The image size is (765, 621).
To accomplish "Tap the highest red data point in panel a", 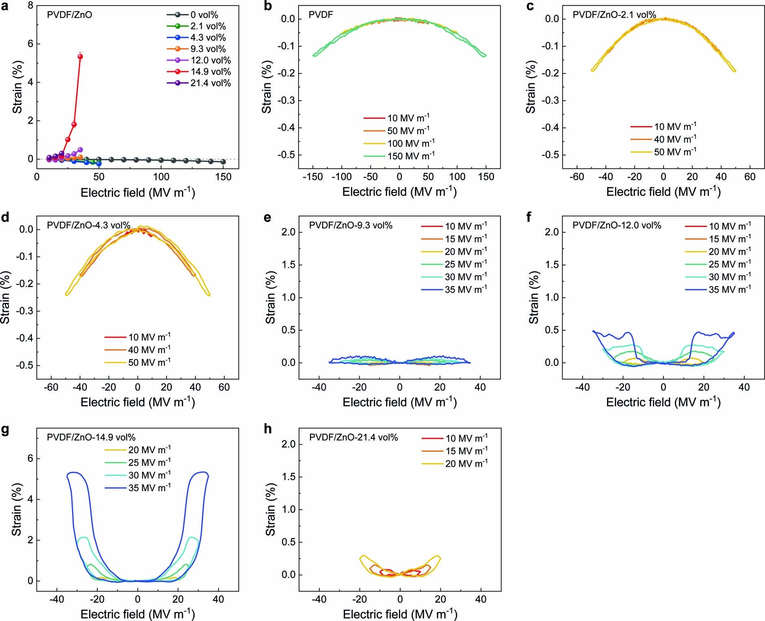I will [x=80, y=57].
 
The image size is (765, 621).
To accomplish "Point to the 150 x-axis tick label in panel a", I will [x=223, y=177].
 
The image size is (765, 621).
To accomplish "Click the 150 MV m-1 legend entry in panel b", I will [x=410, y=156].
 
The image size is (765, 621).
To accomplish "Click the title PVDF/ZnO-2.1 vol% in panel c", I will [x=614, y=15].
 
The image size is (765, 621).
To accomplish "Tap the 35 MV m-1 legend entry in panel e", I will [x=465, y=290].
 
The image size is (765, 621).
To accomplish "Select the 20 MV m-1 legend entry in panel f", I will [x=730, y=252].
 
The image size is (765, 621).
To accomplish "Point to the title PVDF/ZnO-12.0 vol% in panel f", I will [x=617, y=225].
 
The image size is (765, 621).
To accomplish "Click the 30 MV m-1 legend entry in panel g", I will [x=149, y=475].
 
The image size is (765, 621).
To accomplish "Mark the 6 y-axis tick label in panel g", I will [x=30, y=459].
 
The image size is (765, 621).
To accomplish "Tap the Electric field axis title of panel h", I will [x=400, y=614].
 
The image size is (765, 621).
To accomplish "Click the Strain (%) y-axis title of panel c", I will [x=531, y=87].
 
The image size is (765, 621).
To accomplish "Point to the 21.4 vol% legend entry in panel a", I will [x=210, y=83].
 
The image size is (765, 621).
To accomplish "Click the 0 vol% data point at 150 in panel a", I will [x=223, y=162].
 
